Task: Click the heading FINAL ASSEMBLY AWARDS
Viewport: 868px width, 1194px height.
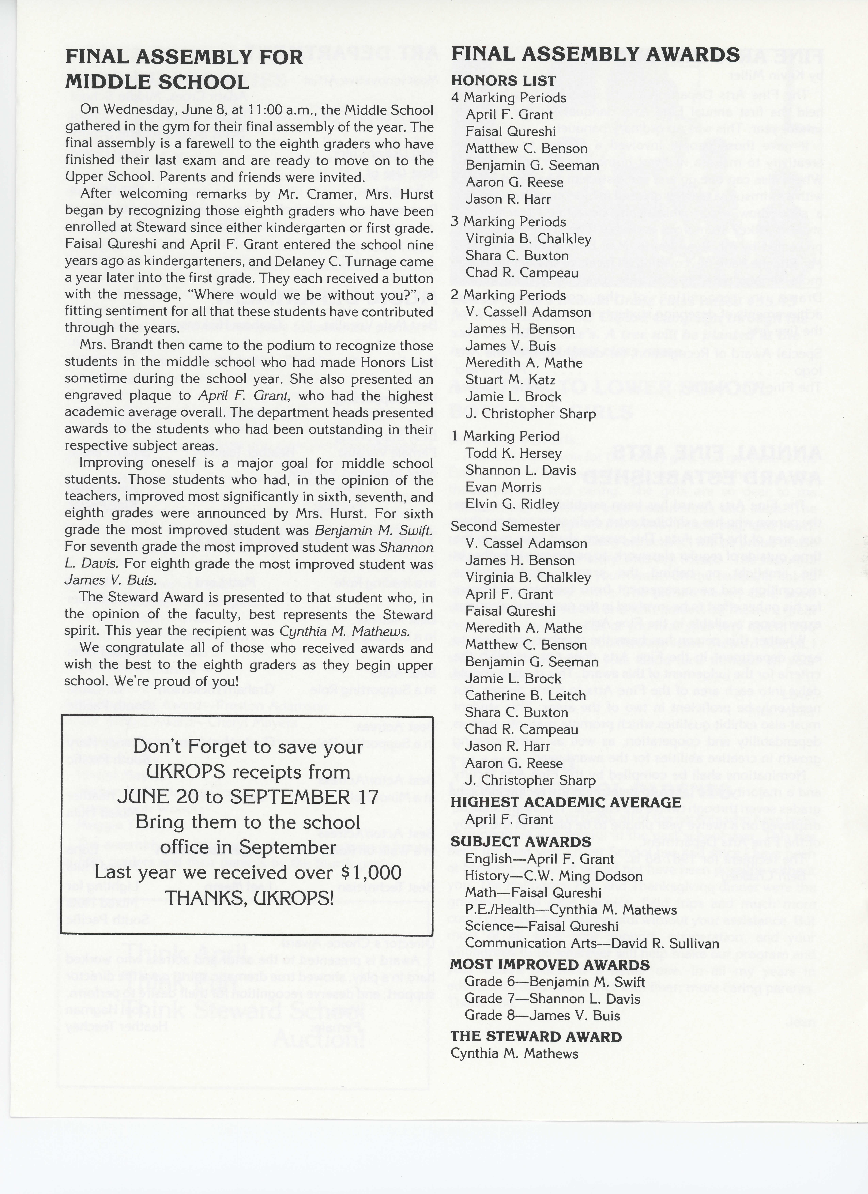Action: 595,55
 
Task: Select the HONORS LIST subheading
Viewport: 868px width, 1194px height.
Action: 503,81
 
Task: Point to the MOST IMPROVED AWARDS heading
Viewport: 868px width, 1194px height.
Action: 550,965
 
